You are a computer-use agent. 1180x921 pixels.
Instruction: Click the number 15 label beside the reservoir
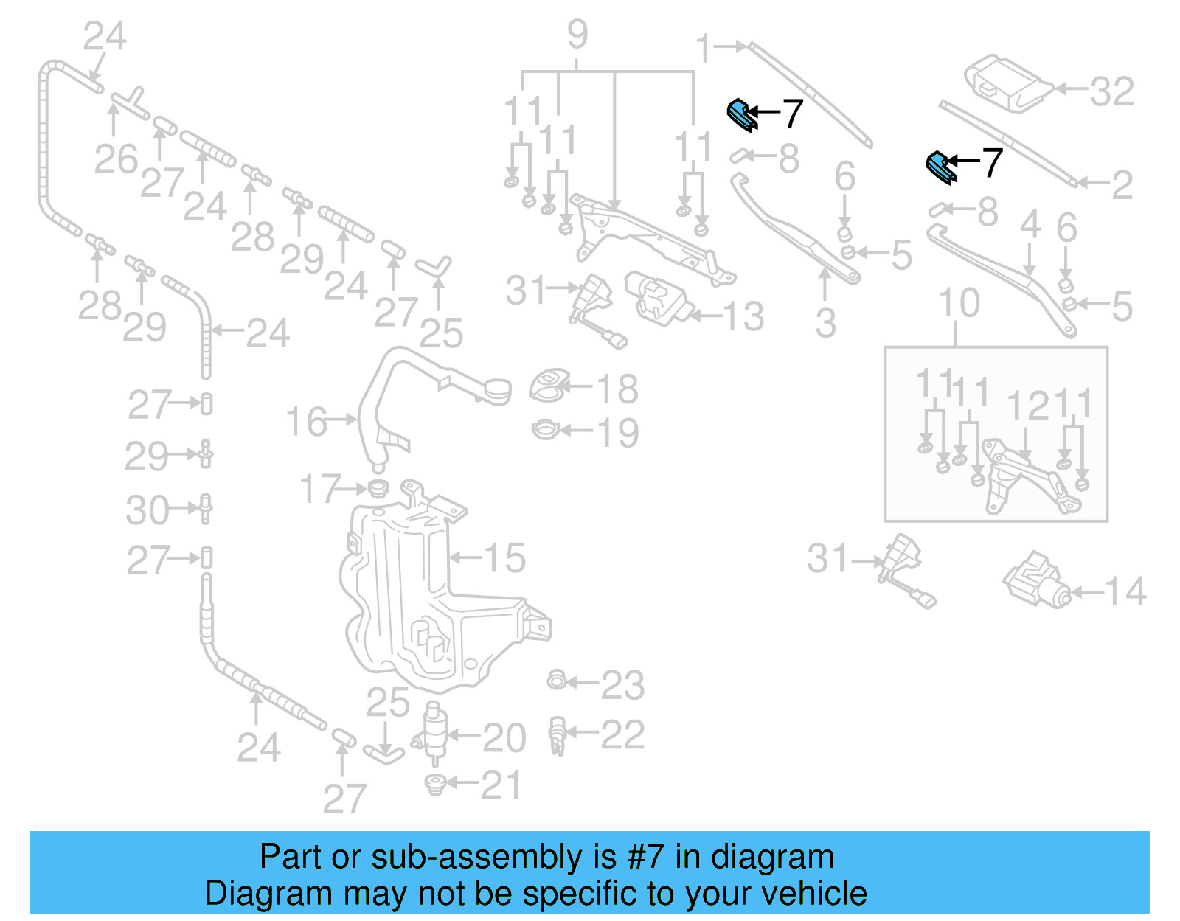tap(504, 558)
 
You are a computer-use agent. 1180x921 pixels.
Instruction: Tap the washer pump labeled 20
tap(435, 731)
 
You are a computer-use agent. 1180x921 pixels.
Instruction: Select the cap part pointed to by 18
tap(547, 386)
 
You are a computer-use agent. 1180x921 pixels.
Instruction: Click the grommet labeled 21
tap(436, 784)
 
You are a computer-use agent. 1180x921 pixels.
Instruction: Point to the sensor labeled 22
tap(558, 735)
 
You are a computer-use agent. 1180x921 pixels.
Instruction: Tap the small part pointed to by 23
tap(556, 680)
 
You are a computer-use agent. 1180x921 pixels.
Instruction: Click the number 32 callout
tap(1111, 91)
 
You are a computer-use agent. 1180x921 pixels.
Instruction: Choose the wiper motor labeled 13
tap(658, 296)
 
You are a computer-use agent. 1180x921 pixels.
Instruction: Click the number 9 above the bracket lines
tap(577, 34)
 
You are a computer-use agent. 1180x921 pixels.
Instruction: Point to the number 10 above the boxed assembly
tap(959, 303)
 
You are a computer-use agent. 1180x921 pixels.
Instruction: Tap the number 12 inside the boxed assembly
tap(1028, 406)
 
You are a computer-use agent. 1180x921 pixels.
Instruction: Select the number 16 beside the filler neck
tap(307, 422)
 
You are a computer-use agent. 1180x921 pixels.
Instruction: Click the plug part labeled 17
tap(378, 488)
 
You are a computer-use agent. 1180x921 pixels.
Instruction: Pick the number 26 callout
tap(116, 159)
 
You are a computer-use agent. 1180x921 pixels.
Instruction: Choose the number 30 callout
tap(147, 510)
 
